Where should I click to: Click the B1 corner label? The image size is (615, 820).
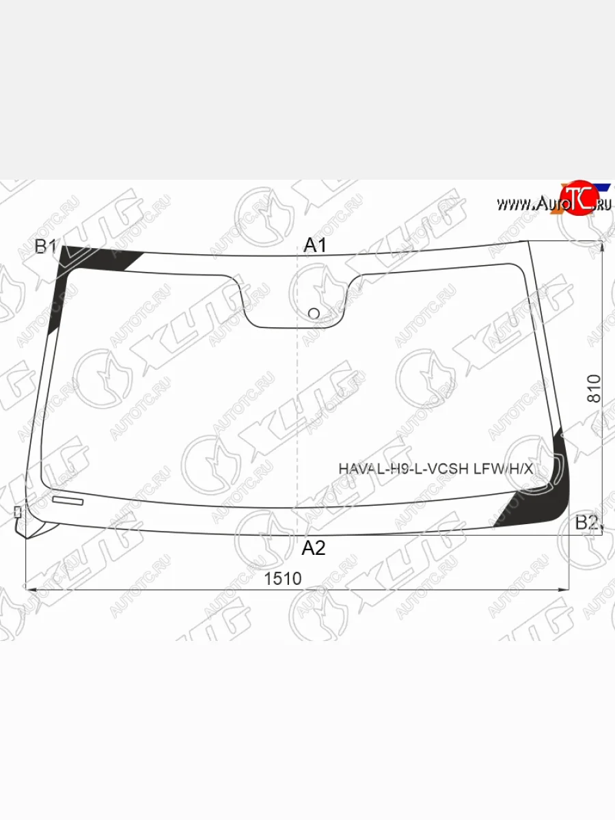(x=45, y=247)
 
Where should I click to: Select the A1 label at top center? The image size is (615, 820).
(x=315, y=245)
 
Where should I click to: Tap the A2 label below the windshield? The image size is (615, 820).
(x=314, y=548)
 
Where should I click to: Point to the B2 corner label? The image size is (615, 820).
(x=586, y=523)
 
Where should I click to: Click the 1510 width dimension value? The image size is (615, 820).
(x=283, y=579)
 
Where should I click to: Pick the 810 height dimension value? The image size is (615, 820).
(x=594, y=389)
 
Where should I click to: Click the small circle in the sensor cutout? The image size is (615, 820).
(x=314, y=314)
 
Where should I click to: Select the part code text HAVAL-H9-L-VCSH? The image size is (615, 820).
(x=405, y=469)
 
